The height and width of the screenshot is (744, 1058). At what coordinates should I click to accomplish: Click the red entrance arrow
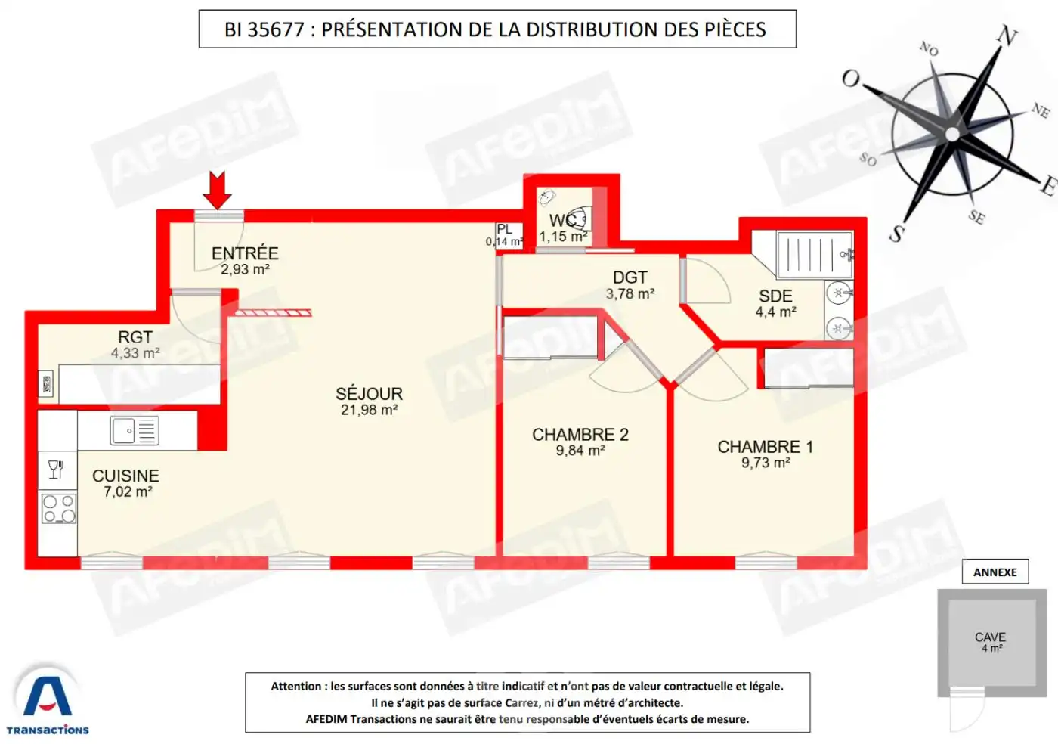pos(218,190)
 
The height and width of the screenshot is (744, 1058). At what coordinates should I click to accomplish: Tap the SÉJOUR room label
pos(369,394)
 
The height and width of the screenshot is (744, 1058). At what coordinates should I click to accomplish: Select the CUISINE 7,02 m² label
pos(126,483)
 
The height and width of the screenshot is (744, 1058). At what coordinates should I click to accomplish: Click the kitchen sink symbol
pos(135,430)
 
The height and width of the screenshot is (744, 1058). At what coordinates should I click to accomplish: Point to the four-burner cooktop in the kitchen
pos(59,509)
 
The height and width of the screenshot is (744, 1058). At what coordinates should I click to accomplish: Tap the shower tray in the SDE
pos(815,254)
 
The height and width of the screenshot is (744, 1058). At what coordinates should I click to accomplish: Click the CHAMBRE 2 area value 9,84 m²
pos(580,451)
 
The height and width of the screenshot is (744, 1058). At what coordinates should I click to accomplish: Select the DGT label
pos(630,277)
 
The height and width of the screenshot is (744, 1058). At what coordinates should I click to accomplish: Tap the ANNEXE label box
pos(995,572)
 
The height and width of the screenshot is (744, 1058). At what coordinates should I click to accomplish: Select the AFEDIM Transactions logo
pos(47,699)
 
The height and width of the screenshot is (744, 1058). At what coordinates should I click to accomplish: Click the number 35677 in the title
pos(276,29)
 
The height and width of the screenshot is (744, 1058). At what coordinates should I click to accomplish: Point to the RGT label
pos(135,337)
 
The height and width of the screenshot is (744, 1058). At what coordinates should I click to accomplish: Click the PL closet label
pos(505,229)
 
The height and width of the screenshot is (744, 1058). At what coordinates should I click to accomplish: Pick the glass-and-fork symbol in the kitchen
pos(56,470)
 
